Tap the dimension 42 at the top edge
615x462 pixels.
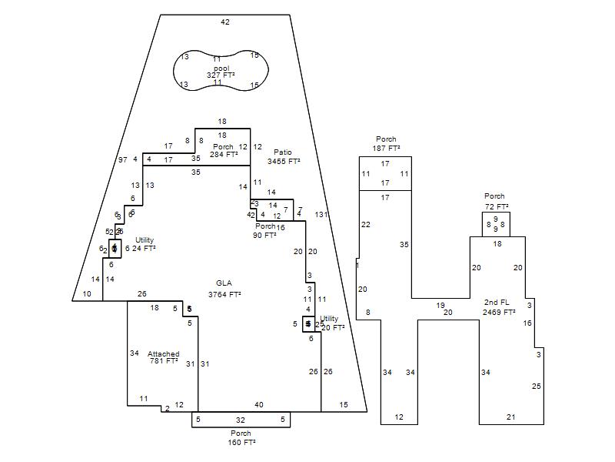tap(225, 22)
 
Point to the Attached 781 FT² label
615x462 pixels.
tap(164, 357)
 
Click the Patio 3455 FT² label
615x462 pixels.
tap(284, 157)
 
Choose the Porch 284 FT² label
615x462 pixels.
tap(223, 150)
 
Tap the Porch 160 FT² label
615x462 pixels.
tap(241, 438)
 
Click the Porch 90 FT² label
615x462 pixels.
tap(265, 231)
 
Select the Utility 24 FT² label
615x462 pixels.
tap(144, 244)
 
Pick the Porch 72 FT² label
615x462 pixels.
tap(496, 202)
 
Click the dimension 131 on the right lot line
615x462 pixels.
tap(321, 215)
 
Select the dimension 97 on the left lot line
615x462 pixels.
tap(122, 159)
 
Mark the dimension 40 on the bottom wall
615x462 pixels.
tap(259, 405)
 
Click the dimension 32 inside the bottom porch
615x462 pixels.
tap(241, 420)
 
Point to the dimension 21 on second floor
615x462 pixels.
tap(511, 417)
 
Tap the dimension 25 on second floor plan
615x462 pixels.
tap(537, 386)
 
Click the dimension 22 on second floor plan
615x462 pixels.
tap(366, 225)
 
